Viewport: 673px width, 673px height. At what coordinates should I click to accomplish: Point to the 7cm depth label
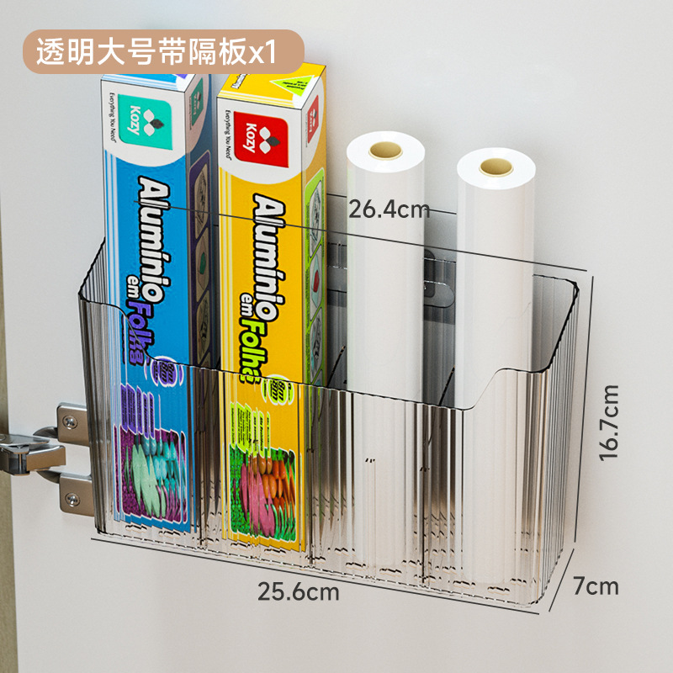click(597, 585)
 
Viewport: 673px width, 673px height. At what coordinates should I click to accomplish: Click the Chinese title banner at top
click(156, 52)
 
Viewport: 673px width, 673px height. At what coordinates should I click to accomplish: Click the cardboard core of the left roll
click(385, 151)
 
